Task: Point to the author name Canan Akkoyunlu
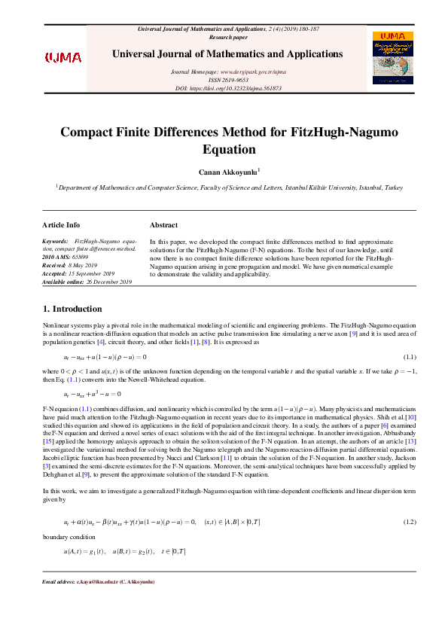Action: pyautogui.click(x=224, y=172)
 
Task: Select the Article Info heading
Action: pyautogui.click(x=61, y=225)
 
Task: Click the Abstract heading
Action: pyautogui.click(x=163, y=225)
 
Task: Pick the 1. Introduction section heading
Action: pyautogui.click(x=72, y=309)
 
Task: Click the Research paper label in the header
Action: pyautogui.click(x=227, y=36)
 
